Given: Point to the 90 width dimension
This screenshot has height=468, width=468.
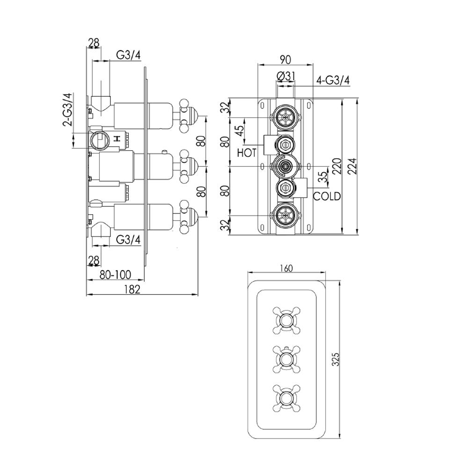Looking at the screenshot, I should coord(285,59).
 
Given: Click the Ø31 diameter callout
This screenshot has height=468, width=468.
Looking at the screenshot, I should coord(285,76).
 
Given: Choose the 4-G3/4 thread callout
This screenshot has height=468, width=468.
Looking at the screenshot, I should coord(333,80).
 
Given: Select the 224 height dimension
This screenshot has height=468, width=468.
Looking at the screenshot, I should coord(352,166).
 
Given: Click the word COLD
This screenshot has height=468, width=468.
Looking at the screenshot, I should coord(327,196).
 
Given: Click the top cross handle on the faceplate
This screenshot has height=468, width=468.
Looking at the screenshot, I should coord(285,320).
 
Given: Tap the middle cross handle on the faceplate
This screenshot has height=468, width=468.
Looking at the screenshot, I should coord(285,359).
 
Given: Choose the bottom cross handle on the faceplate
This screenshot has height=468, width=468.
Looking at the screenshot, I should coord(285,398).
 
